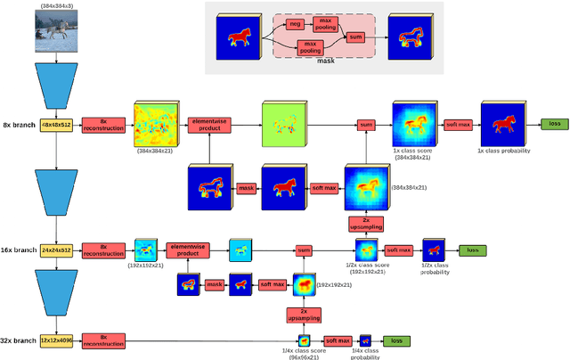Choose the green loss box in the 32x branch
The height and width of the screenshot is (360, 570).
coord(396,340)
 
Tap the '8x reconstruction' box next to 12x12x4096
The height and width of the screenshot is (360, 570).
coord(103,340)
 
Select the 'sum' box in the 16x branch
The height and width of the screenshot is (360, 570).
coord(304,251)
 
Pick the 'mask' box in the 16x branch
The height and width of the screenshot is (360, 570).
coord(214,284)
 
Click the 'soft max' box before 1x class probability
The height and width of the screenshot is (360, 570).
coord(457,124)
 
